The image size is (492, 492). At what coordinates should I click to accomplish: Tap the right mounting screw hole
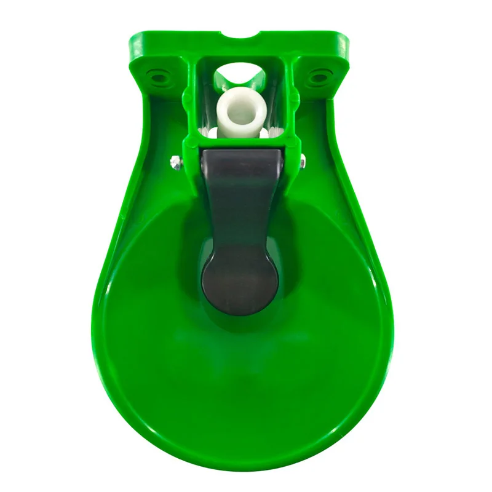pyautogui.click(x=318, y=76)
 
